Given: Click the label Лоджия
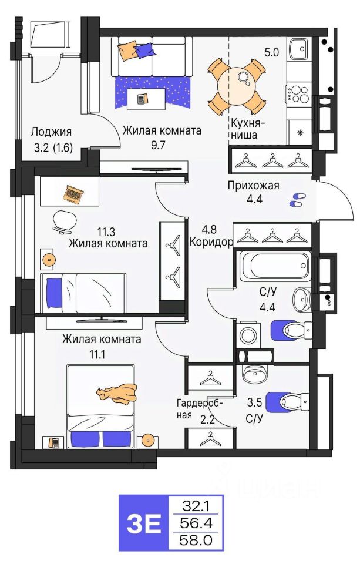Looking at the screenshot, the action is point(51,132).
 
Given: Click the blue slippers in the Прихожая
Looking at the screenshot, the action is point(296,200).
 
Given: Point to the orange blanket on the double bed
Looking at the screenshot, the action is point(118,393).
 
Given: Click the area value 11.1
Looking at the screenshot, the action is point(102,354).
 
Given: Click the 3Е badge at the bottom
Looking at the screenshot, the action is point(143,523).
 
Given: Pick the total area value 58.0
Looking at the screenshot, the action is point(196,539).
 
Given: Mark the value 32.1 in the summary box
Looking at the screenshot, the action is point(196,505).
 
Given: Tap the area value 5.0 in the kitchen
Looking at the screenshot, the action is point(271,52).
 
